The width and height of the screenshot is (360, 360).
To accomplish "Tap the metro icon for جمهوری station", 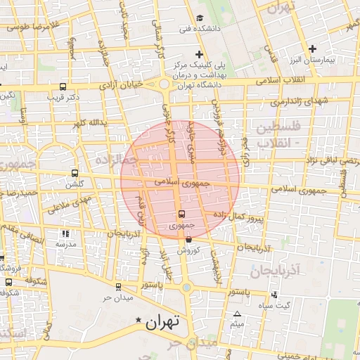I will click(x=181, y=214).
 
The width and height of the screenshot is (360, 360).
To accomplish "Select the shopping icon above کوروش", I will click(x=188, y=240).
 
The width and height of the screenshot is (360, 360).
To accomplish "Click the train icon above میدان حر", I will click(x=117, y=286).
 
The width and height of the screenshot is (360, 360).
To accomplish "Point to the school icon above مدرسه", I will click(x=65, y=233).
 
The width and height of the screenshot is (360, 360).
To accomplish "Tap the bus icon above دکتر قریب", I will click(x=61, y=86).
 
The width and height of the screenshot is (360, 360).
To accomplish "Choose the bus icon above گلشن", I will click(x=74, y=173).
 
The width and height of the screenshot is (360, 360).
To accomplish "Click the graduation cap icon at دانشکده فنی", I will click(x=200, y=18).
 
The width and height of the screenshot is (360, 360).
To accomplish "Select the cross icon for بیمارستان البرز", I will click(x=313, y=48).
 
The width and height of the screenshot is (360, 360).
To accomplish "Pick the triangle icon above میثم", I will click(x=237, y=314).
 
